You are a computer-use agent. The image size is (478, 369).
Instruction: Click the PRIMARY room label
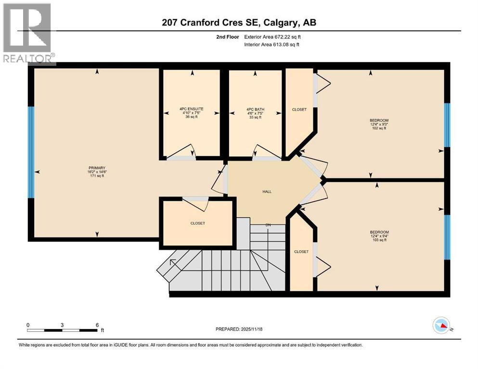pyautogui.click(x=96, y=168)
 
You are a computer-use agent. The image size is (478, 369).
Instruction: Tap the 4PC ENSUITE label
pyautogui.click(x=192, y=109)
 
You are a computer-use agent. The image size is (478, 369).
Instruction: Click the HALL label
pyautogui.click(x=267, y=191)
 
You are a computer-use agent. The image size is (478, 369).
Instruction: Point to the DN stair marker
pyautogui.click(x=268, y=224)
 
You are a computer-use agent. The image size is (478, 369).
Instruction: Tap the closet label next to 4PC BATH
pyautogui.click(x=299, y=110)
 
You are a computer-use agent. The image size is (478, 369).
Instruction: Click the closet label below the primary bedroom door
pyautogui.click(x=197, y=223)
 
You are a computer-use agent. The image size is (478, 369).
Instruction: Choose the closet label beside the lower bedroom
pyautogui.click(x=301, y=251)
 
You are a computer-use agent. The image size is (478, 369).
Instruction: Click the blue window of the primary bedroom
pyautogui.click(x=31, y=152)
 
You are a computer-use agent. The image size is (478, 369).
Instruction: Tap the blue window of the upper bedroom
pyautogui.click(x=447, y=125)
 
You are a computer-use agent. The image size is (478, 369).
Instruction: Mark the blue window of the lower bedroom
pyautogui.click(x=447, y=236)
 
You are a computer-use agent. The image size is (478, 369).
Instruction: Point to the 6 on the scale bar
pyautogui.click(x=97, y=325)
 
